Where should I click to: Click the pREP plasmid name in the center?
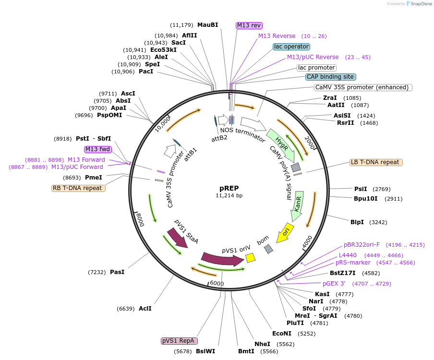[x=229, y=188]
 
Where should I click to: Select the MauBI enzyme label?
[x=207, y=25]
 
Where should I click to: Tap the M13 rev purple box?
[x=249, y=25]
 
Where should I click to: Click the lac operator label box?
[x=291, y=47]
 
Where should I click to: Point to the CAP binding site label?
[x=331, y=77]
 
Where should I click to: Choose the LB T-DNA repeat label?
[x=376, y=162]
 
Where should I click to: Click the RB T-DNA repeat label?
[x=78, y=188]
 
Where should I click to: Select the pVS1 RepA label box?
[x=179, y=341]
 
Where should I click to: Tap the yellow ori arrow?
[x=287, y=232]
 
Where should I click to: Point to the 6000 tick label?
[x=217, y=284]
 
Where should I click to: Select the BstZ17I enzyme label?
[x=342, y=273]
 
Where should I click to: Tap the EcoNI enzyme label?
[x=282, y=333]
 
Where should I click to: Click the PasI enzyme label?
[x=117, y=272]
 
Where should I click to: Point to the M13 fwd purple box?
[x=97, y=149]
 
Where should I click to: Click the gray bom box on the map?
[x=269, y=249]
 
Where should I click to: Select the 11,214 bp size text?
[x=229, y=195]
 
